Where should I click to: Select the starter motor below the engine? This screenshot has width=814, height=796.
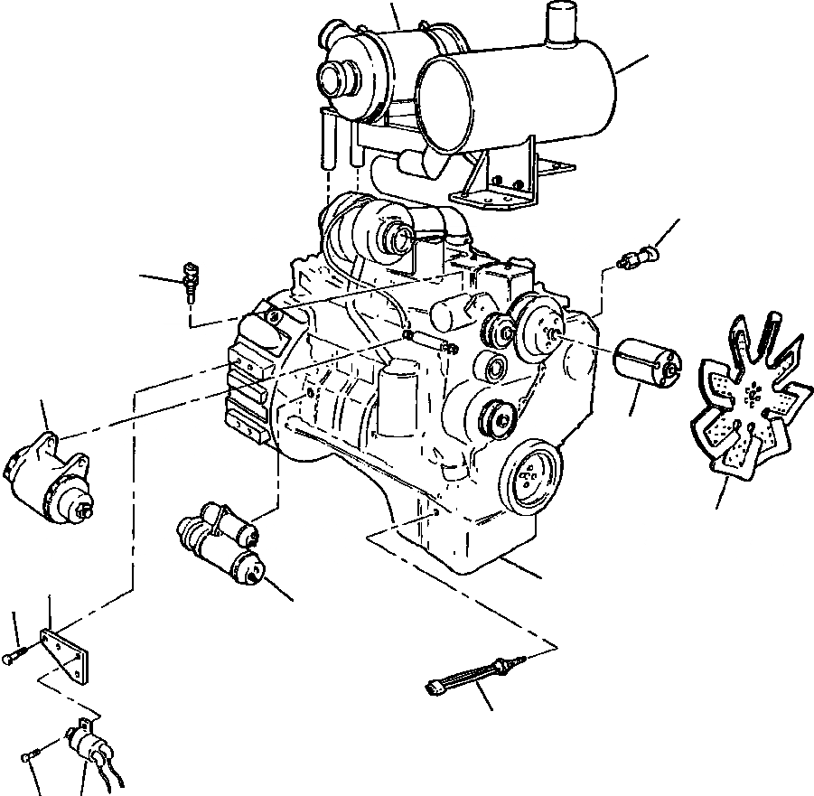pos(222,543)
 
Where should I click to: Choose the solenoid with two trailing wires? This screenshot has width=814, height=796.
pos(90,745)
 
